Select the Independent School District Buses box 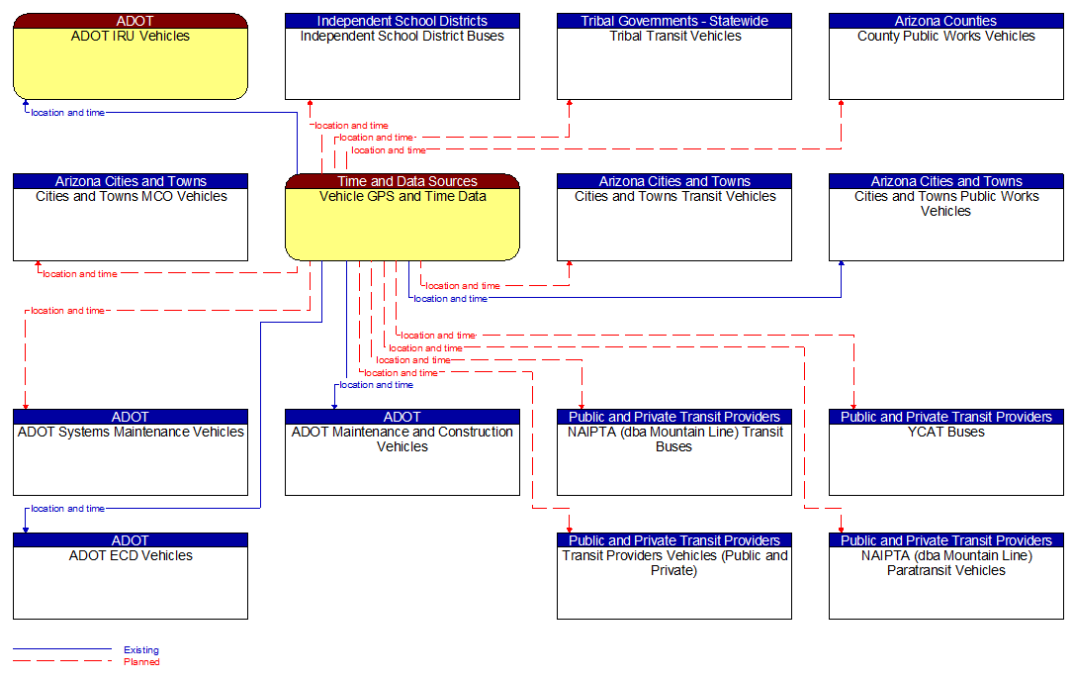click(x=402, y=63)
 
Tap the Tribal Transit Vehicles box click(x=673, y=63)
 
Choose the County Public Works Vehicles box click(x=945, y=63)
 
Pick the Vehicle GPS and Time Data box click(x=402, y=224)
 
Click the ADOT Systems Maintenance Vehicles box click(x=130, y=459)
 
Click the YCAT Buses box click(x=945, y=459)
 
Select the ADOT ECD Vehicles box click(x=130, y=583)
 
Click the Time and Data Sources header click(x=402, y=181)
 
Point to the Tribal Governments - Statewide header click(x=673, y=21)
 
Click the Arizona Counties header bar click(x=945, y=21)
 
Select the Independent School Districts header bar click(x=402, y=21)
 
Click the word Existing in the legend click(x=141, y=650)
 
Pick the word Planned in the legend click(x=141, y=662)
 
